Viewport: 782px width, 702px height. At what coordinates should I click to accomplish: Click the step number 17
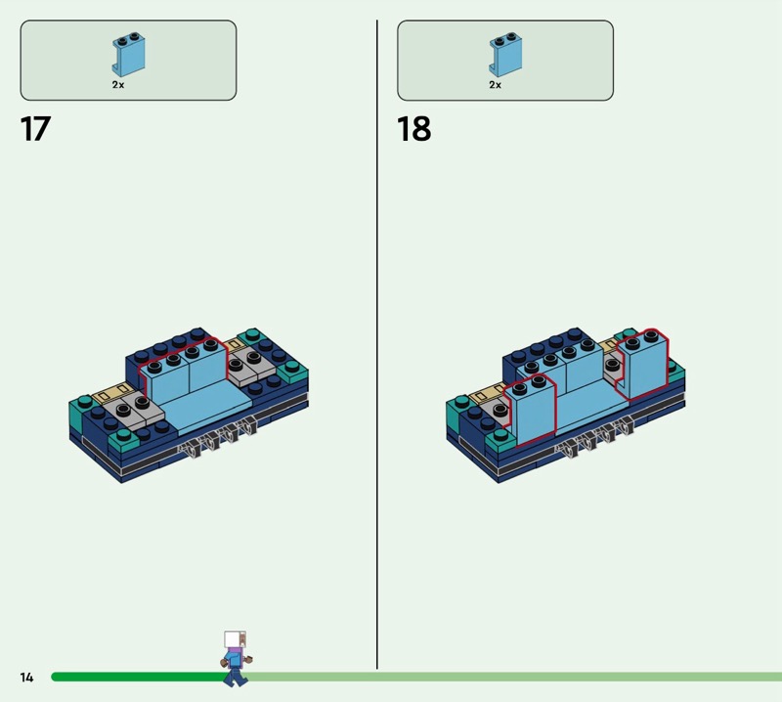coord(35,129)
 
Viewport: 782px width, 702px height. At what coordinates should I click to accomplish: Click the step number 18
coord(413,129)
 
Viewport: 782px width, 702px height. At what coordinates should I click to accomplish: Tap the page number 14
coord(27,677)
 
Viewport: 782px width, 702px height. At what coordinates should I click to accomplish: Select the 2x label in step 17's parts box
coord(118,85)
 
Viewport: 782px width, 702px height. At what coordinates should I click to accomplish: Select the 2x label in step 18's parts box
coord(496,85)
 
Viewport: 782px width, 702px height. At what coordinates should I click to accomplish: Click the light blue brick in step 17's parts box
coord(129,55)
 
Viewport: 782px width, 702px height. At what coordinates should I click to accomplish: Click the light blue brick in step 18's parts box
coord(505,55)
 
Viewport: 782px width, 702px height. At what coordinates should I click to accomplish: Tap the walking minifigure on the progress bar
coord(236,659)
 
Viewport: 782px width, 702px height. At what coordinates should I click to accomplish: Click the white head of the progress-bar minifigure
coord(235,639)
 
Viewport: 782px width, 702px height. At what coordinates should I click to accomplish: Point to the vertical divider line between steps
coord(377,344)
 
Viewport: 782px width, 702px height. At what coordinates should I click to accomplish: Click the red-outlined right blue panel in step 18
coord(642,365)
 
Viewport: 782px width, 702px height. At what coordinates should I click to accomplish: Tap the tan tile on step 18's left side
coord(488,396)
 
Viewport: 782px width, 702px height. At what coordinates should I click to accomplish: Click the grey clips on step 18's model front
coord(594,438)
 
